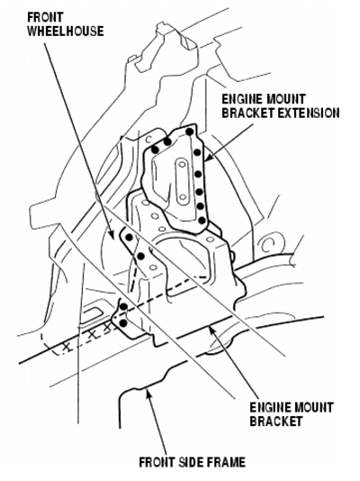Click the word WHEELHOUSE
(x=66, y=32)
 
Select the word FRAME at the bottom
(x=226, y=462)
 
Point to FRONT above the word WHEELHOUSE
(x=45, y=17)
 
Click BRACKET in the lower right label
(x=276, y=421)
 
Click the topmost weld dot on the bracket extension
(x=190, y=132)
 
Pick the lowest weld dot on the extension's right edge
(x=202, y=220)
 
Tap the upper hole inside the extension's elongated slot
(x=182, y=164)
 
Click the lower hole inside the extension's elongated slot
(x=183, y=196)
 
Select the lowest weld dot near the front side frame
(x=123, y=322)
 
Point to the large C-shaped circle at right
(x=267, y=242)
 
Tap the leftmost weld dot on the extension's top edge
(x=156, y=150)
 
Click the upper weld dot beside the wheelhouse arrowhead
(x=130, y=237)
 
